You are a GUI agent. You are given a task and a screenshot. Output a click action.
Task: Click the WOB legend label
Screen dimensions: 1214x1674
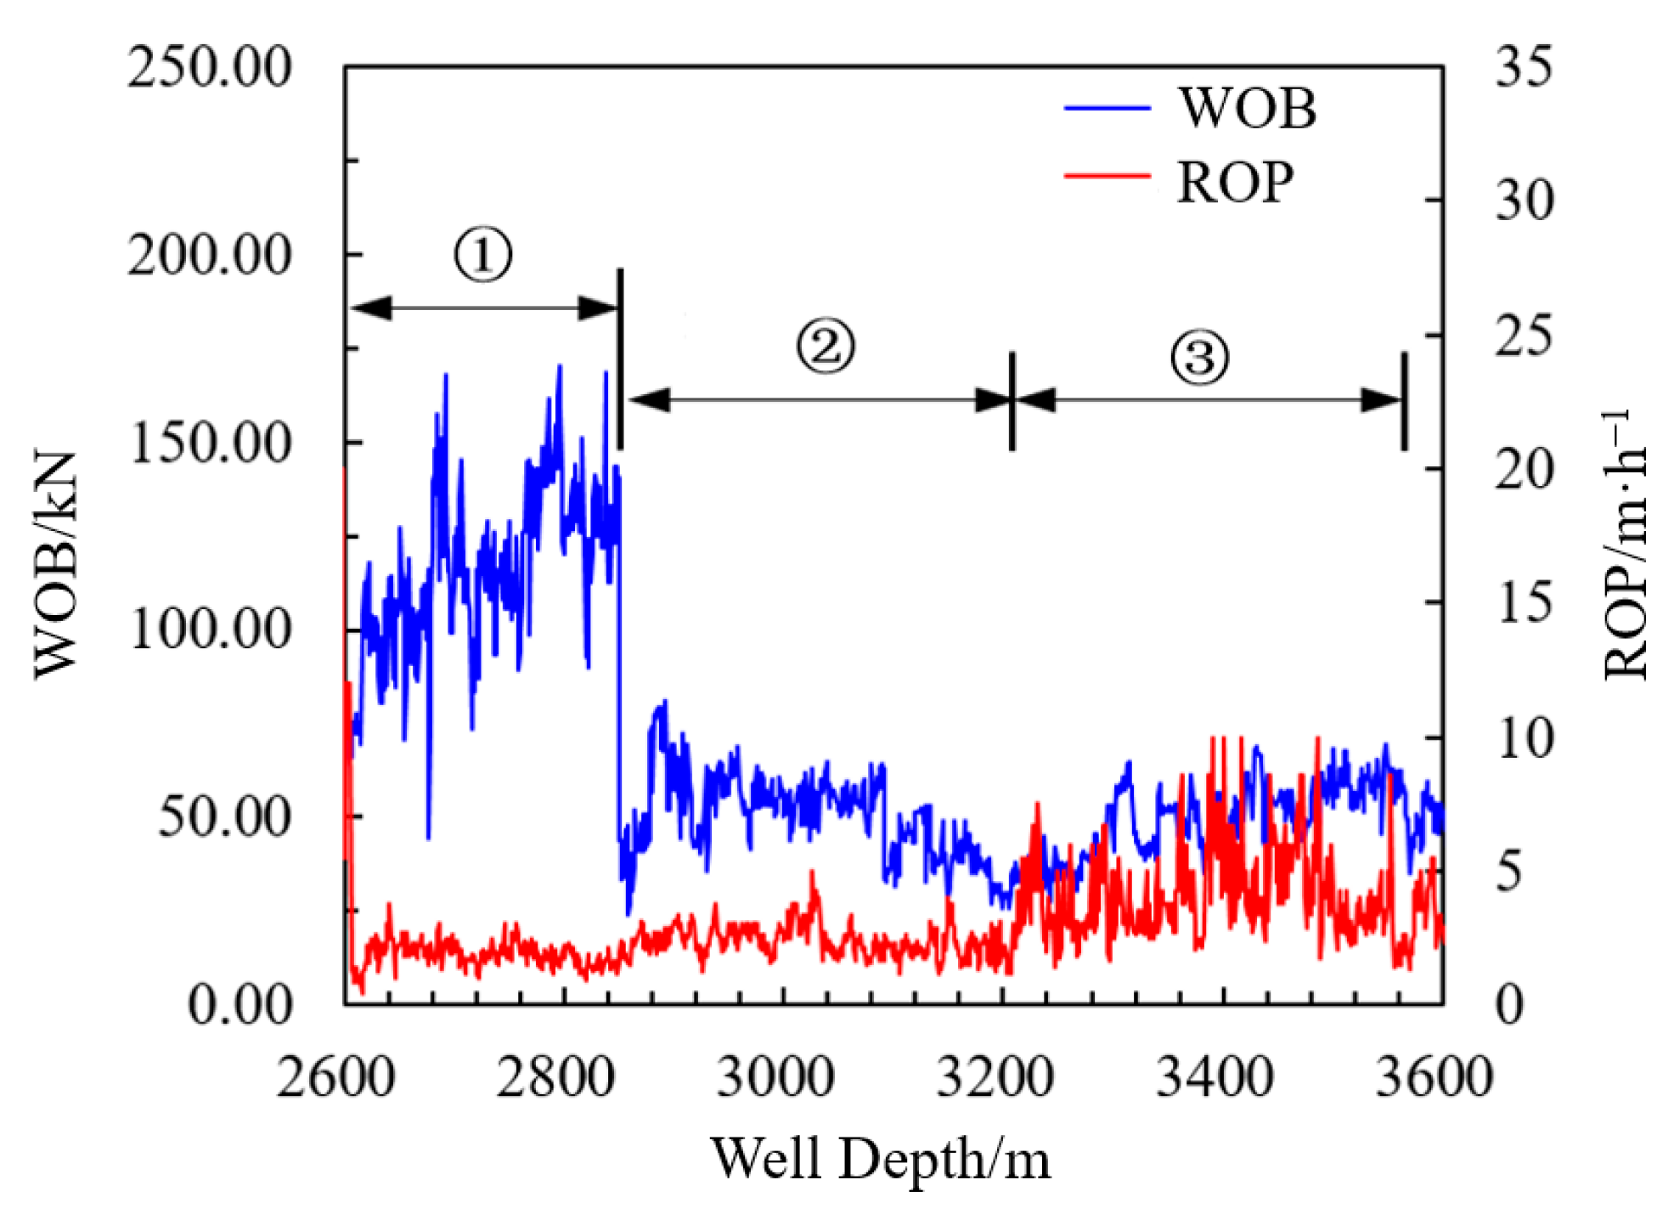click(1246, 109)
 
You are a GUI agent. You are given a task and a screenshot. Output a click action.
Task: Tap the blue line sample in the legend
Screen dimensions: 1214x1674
click(1107, 109)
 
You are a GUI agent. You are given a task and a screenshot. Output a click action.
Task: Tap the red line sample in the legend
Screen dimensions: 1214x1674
click(1107, 176)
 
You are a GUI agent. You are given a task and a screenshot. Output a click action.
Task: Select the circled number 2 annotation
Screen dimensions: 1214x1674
click(825, 346)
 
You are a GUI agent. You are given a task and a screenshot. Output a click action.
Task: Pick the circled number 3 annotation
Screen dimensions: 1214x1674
click(1199, 356)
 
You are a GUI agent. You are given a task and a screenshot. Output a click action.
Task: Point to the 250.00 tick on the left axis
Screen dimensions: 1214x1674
click(209, 68)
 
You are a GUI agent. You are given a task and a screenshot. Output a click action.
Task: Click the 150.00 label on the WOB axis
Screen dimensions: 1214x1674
click(209, 443)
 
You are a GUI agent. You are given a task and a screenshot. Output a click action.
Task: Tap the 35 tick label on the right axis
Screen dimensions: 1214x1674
click(1524, 66)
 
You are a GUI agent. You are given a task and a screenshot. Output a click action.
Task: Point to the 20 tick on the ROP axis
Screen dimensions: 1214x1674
click(1524, 469)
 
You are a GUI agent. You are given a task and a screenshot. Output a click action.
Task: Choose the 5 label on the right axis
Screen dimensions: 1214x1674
click(1509, 872)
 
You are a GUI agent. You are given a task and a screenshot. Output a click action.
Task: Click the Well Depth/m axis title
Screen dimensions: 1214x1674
click(881, 1159)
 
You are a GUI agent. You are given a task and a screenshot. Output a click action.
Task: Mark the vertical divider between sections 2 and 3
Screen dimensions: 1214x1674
click(1012, 401)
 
